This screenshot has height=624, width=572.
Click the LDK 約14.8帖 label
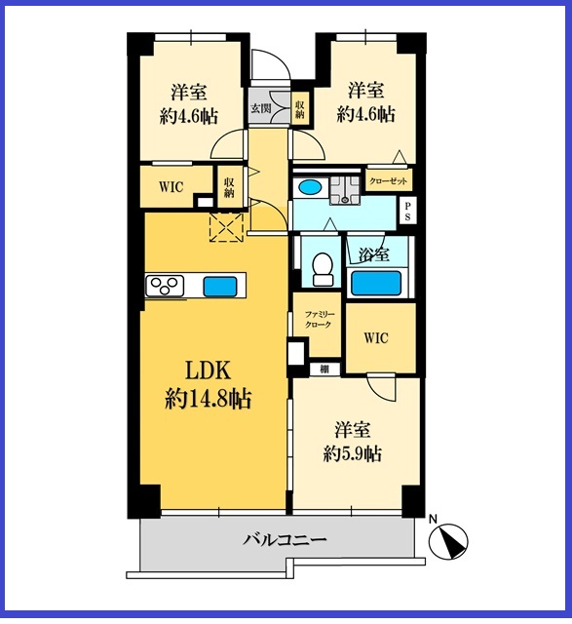(x=208, y=384)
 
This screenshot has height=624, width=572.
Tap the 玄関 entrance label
(x=260, y=108)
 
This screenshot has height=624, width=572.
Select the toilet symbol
(x=323, y=269)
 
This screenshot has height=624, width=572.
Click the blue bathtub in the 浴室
(x=375, y=283)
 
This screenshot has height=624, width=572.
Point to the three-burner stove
(x=165, y=286)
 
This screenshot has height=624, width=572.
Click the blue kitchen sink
(x=220, y=287)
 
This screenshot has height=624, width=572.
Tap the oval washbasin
(x=310, y=186)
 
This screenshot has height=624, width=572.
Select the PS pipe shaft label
(x=407, y=213)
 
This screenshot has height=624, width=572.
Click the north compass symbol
(x=448, y=541)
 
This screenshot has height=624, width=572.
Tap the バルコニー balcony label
(x=285, y=540)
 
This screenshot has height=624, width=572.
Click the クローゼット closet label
(x=388, y=181)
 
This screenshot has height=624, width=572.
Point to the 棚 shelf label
(x=324, y=370)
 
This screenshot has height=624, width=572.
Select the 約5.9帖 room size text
(x=353, y=453)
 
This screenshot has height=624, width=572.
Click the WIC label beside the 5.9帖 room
(x=376, y=338)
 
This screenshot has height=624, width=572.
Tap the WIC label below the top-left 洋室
(x=172, y=186)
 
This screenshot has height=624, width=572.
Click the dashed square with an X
(x=226, y=227)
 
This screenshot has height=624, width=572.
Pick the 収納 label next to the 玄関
(x=299, y=109)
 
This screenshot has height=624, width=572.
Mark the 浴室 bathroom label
(x=373, y=254)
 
